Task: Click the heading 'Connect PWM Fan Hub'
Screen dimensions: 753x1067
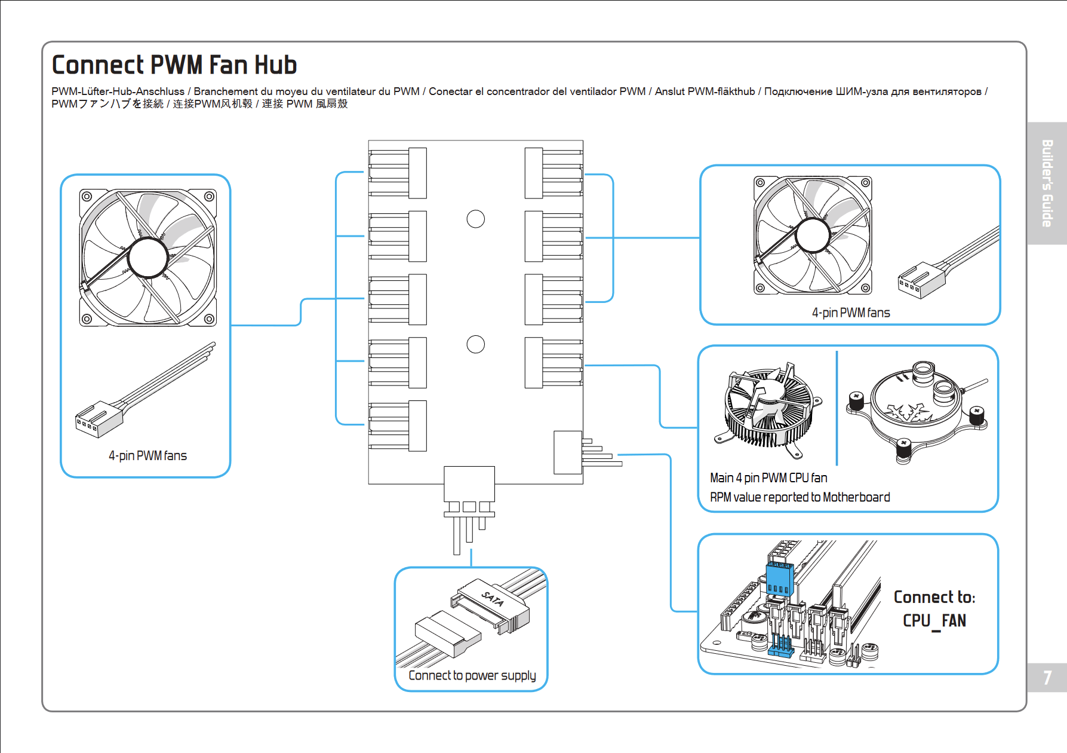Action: click(174, 65)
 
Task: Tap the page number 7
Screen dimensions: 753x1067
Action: click(1047, 678)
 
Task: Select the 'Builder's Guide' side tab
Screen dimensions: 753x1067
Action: click(1047, 183)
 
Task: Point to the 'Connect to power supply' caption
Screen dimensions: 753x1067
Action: click(472, 675)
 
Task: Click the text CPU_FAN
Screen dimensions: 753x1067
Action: click(934, 620)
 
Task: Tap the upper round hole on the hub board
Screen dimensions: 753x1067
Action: click(475, 219)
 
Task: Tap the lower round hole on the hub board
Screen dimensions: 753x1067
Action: click(475, 344)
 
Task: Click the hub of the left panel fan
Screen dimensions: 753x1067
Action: click(147, 258)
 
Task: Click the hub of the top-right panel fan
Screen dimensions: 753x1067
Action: click(812, 235)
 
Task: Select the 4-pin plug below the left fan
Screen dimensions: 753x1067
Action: click(99, 417)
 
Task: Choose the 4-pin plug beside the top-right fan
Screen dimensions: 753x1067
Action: click(921, 279)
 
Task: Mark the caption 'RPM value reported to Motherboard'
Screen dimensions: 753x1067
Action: click(800, 497)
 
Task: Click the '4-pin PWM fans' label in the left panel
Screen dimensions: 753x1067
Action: click(147, 456)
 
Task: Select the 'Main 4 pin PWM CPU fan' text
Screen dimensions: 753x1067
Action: click(768, 478)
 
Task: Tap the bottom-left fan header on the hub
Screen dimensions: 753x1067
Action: click(398, 426)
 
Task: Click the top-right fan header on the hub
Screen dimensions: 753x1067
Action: click(554, 173)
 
